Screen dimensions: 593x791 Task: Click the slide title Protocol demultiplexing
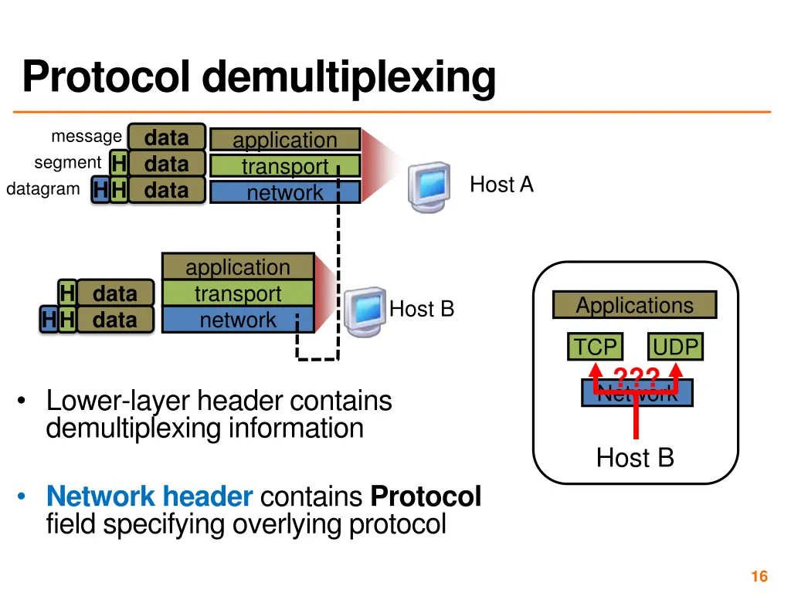coord(259,77)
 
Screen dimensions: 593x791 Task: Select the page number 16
coord(759,576)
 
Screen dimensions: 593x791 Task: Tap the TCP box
coord(595,347)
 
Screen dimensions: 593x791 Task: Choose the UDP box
coord(675,347)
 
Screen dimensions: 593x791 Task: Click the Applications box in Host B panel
coord(634,305)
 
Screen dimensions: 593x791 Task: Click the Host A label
coord(501,185)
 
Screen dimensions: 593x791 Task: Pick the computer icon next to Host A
coord(429,186)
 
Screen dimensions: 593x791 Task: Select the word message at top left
coord(86,137)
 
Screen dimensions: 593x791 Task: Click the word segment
coord(67,163)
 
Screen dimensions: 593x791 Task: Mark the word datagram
coord(42,189)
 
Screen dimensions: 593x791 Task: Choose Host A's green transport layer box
coord(285,166)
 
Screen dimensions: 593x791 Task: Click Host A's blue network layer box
coord(285,192)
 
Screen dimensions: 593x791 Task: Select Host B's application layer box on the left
coord(238,267)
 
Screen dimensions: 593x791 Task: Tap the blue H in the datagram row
coord(100,190)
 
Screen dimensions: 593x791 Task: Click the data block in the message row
coord(167,137)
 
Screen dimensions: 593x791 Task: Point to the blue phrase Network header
coord(149,496)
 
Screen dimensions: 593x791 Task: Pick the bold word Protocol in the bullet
coord(426,496)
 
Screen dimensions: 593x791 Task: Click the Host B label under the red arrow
coord(635,458)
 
